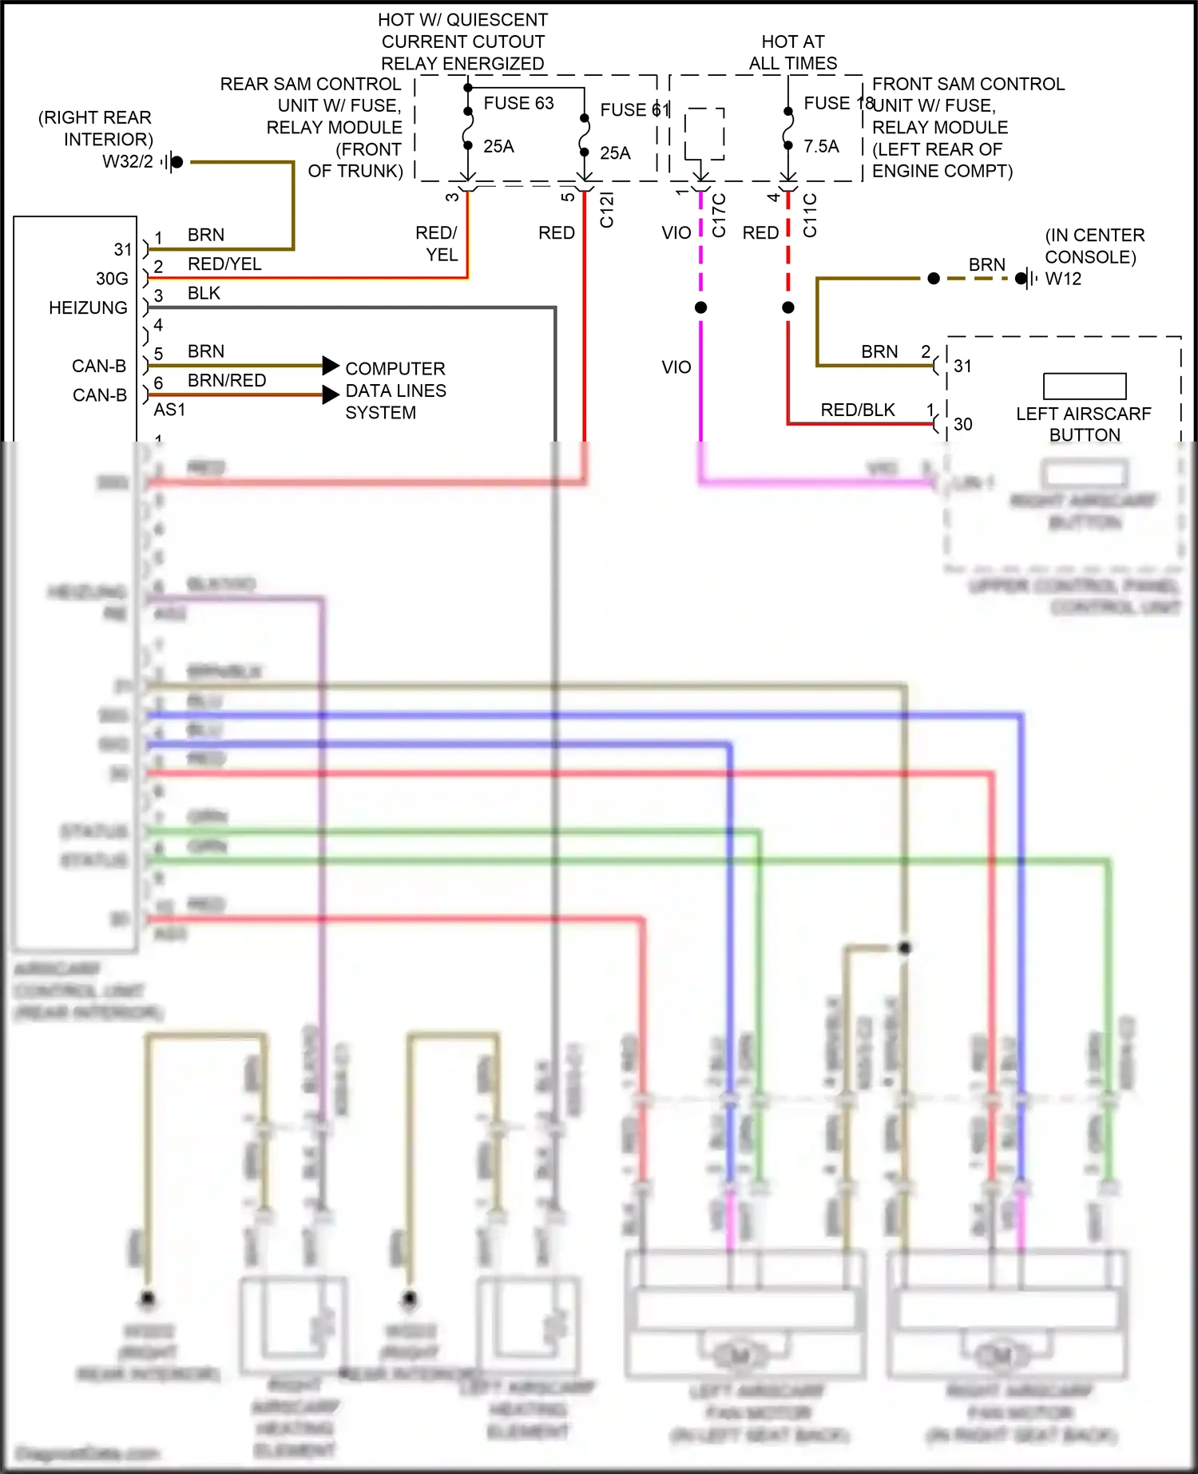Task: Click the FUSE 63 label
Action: coord(518,104)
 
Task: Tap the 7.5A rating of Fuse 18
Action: coord(821,147)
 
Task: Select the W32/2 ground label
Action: coord(128,162)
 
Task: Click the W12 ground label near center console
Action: coord(1063,279)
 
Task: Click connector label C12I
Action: coord(607,210)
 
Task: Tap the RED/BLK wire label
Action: coord(858,410)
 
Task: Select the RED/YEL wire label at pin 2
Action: coord(224,264)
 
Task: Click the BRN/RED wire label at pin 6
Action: coord(227,381)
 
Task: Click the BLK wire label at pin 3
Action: coord(204,294)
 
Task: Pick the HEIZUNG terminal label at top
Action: coord(88,308)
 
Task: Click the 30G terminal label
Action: coord(112,279)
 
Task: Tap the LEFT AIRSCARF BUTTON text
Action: coord(1084,425)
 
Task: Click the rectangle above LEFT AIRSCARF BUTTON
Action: coord(1085,386)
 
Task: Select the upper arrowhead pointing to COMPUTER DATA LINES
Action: coord(330,366)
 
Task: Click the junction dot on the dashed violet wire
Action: coord(700,307)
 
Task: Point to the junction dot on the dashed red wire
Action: coord(788,307)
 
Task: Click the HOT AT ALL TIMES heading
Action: coord(793,53)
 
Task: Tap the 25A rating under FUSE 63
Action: coord(498,147)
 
